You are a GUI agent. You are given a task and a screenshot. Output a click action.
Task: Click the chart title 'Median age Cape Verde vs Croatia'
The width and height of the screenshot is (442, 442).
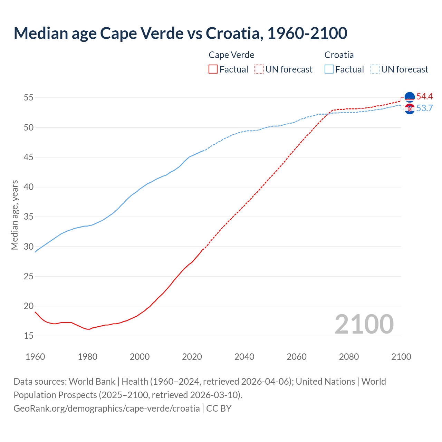[180, 33]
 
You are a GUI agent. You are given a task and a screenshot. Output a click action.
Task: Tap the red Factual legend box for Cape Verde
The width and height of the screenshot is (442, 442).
[213, 69]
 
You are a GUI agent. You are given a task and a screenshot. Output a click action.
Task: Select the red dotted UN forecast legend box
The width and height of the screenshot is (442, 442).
[259, 69]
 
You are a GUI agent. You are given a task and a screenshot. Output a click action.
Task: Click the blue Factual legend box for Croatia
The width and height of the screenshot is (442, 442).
[329, 69]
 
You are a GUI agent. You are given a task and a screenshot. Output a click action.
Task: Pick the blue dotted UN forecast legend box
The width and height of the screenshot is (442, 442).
[375, 69]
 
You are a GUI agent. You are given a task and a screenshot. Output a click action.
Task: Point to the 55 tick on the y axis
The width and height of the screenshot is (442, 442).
[29, 98]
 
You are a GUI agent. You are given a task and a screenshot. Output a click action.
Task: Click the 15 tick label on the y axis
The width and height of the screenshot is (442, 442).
[29, 336]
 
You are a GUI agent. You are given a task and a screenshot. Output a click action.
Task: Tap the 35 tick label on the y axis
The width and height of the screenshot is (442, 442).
[29, 217]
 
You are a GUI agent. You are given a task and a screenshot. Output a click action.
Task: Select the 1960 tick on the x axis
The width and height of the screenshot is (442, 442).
[35, 357]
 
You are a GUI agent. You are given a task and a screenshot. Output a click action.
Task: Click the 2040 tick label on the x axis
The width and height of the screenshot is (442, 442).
[244, 357]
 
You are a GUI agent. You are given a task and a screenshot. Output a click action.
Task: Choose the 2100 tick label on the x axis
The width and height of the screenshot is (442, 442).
[401, 357]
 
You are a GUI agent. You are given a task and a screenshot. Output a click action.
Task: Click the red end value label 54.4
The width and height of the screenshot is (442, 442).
[424, 97]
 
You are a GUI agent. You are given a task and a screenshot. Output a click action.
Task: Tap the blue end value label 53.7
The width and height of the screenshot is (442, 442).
[424, 108]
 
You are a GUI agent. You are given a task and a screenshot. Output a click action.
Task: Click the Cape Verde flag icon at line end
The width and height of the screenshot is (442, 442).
[410, 97]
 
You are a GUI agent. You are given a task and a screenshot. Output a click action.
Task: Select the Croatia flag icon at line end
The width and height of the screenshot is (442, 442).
[410, 109]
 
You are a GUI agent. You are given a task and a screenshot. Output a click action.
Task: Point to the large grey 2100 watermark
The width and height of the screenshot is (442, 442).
[364, 324]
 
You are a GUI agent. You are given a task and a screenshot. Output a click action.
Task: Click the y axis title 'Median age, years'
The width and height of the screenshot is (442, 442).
[15, 215]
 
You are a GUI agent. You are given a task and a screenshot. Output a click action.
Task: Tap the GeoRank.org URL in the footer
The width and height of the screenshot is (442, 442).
[107, 408]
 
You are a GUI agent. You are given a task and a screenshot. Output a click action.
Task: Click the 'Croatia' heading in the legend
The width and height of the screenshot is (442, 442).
[339, 55]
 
